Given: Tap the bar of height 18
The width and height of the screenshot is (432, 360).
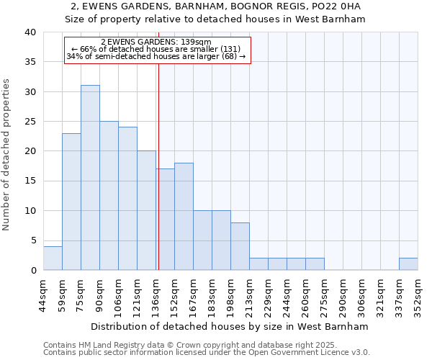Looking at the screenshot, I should coord(184,216).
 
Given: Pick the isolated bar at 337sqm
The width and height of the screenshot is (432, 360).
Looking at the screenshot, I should coord(408,264).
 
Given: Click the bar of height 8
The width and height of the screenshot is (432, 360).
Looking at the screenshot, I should coord(240,246).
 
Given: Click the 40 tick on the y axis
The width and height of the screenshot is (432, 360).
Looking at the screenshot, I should coord(31,32).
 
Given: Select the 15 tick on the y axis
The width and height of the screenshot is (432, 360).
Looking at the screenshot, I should coord(31,181).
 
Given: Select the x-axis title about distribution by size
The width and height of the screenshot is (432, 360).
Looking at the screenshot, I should coord(230,326).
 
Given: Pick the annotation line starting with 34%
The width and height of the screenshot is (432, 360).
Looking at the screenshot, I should coord(156,56).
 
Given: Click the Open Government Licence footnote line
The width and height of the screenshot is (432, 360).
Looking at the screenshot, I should coord(207,352).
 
